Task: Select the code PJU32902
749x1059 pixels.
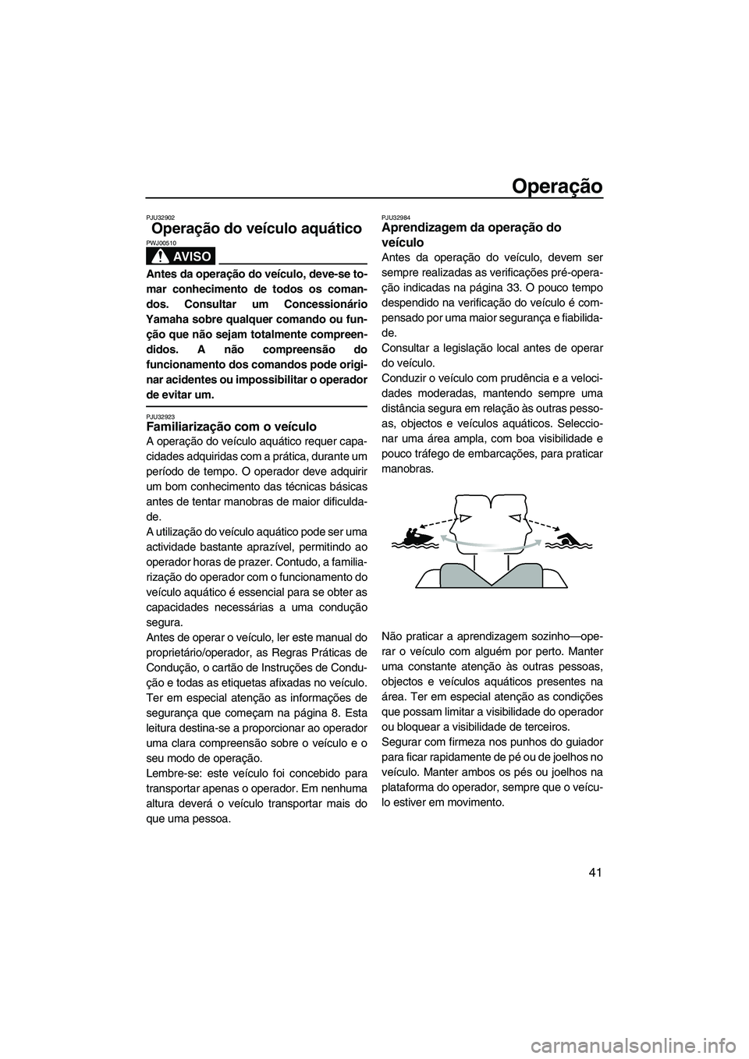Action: (161, 218)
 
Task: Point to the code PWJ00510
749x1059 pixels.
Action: (161, 243)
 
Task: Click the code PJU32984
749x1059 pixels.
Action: (395, 218)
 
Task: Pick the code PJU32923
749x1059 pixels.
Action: (161, 416)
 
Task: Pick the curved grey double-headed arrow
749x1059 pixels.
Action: (490, 540)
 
